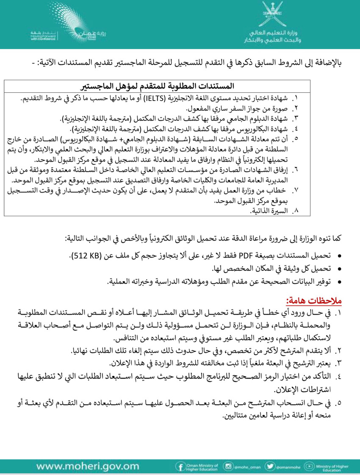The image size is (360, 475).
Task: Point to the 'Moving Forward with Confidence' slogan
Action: point(42,36)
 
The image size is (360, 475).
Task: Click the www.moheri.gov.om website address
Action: point(88,467)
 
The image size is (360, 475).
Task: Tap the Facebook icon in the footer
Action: point(180,467)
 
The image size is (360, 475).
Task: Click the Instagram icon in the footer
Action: point(228,467)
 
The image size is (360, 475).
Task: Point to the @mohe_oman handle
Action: point(245,467)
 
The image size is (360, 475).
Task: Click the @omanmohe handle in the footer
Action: point(287,467)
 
